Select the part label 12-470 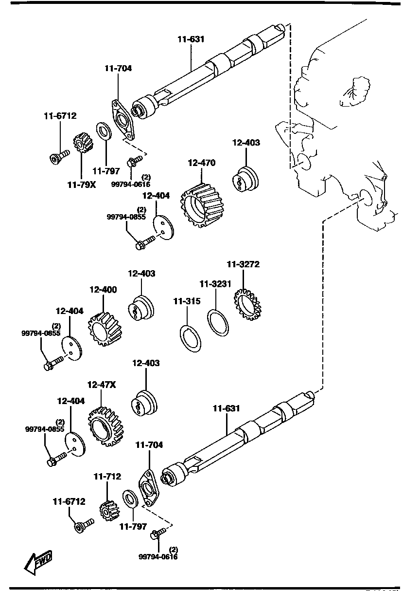point(201,163)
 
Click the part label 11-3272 point(243,264)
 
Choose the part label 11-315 point(187,301)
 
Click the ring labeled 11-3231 point(218,322)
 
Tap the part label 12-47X point(102,385)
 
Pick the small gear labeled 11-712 point(107,510)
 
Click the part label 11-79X point(81,185)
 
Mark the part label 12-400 point(103,289)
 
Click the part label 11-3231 point(214,284)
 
